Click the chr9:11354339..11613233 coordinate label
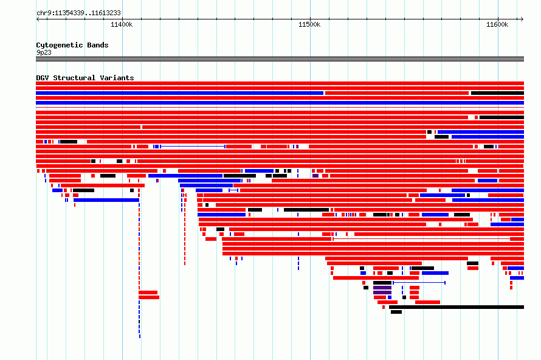point(78,13)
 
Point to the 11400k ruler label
point(122,24)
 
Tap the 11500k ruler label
point(309,24)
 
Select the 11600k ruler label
point(497,24)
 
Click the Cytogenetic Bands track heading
point(72,45)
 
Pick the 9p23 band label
point(44,52)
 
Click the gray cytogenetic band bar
point(280,59)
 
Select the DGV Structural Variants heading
point(85,78)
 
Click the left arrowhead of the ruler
point(37,19)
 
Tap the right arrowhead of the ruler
point(523,19)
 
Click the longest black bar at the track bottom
point(457,307)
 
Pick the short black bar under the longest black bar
point(396,312)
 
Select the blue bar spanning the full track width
point(280,103)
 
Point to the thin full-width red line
point(280,108)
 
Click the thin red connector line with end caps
point(421,239)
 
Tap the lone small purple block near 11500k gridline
point(315,176)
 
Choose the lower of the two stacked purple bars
point(382,292)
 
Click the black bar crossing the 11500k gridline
point(306,210)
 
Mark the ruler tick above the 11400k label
point(122,19)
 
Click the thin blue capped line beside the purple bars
point(419,283)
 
